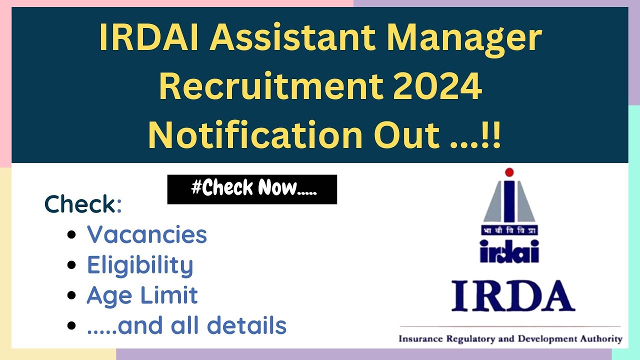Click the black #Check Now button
click(x=252, y=189)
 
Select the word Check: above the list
click(x=83, y=204)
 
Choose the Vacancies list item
click(x=147, y=234)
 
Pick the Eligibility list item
click(x=140, y=265)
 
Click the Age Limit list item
click(x=142, y=295)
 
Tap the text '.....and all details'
click(x=186, y=326)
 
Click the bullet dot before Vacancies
click(x=72, y=234)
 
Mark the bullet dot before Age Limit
click(x=72, y=295)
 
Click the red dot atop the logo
click(x=509, y=172)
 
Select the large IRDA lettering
click(x=512, y=296)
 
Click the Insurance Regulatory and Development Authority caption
click(x=510, y=339)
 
